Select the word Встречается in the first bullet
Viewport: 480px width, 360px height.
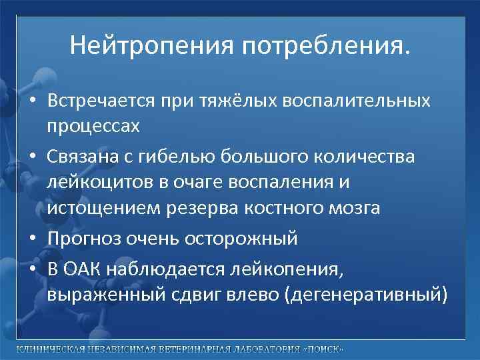99,101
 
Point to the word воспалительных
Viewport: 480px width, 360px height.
358,101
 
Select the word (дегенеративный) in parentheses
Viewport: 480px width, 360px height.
366,295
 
